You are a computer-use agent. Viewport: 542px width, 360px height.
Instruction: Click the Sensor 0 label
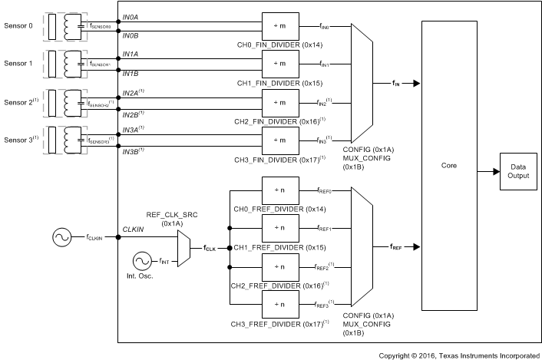tap(18, 26)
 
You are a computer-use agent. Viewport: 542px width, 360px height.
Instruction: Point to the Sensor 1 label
tap(18, 64)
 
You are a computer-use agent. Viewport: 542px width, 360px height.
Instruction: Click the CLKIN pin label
tap(134, 228)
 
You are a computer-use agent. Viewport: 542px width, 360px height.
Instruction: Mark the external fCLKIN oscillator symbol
tap(61, 238)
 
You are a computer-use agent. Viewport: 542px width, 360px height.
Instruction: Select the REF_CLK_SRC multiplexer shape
tap(185, 247)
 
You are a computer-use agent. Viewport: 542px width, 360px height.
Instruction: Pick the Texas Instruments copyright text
tap(458, 355)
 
